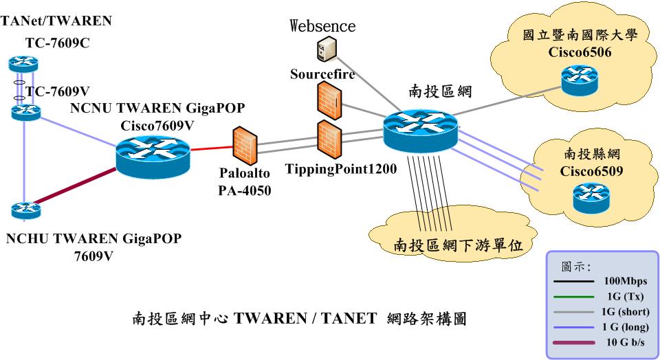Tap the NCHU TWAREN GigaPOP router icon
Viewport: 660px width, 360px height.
click(25, 208)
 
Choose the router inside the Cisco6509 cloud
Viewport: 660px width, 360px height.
click(591, 197)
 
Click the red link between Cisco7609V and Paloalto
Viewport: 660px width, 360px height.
click(210, 148)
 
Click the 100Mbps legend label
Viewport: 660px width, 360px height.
click(624, 282)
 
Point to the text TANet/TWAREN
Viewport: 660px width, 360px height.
click(56, 21)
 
